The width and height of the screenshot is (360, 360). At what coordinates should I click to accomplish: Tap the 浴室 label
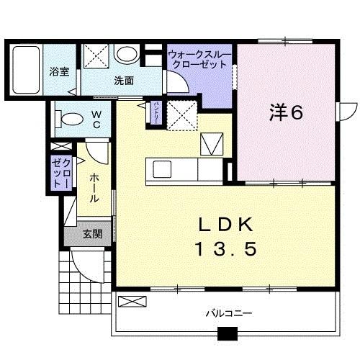coord(59,72)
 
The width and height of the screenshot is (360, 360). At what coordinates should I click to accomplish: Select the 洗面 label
coord(124,81)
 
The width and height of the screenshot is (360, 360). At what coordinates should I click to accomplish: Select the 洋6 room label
coord(285,112)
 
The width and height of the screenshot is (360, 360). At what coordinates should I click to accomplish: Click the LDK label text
coord(225,224)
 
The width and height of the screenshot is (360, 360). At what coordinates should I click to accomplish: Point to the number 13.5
coord(225,250)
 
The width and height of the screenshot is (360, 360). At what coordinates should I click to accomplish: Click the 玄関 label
coord(91,233)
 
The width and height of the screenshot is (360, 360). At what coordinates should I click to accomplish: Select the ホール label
coord(95,188)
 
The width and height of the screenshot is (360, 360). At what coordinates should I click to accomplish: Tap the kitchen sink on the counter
coord(161,170)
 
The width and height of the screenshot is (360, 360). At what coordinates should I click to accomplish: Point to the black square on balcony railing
coord(228,334)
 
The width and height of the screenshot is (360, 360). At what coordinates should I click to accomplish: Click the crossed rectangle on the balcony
coord(132,301)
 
